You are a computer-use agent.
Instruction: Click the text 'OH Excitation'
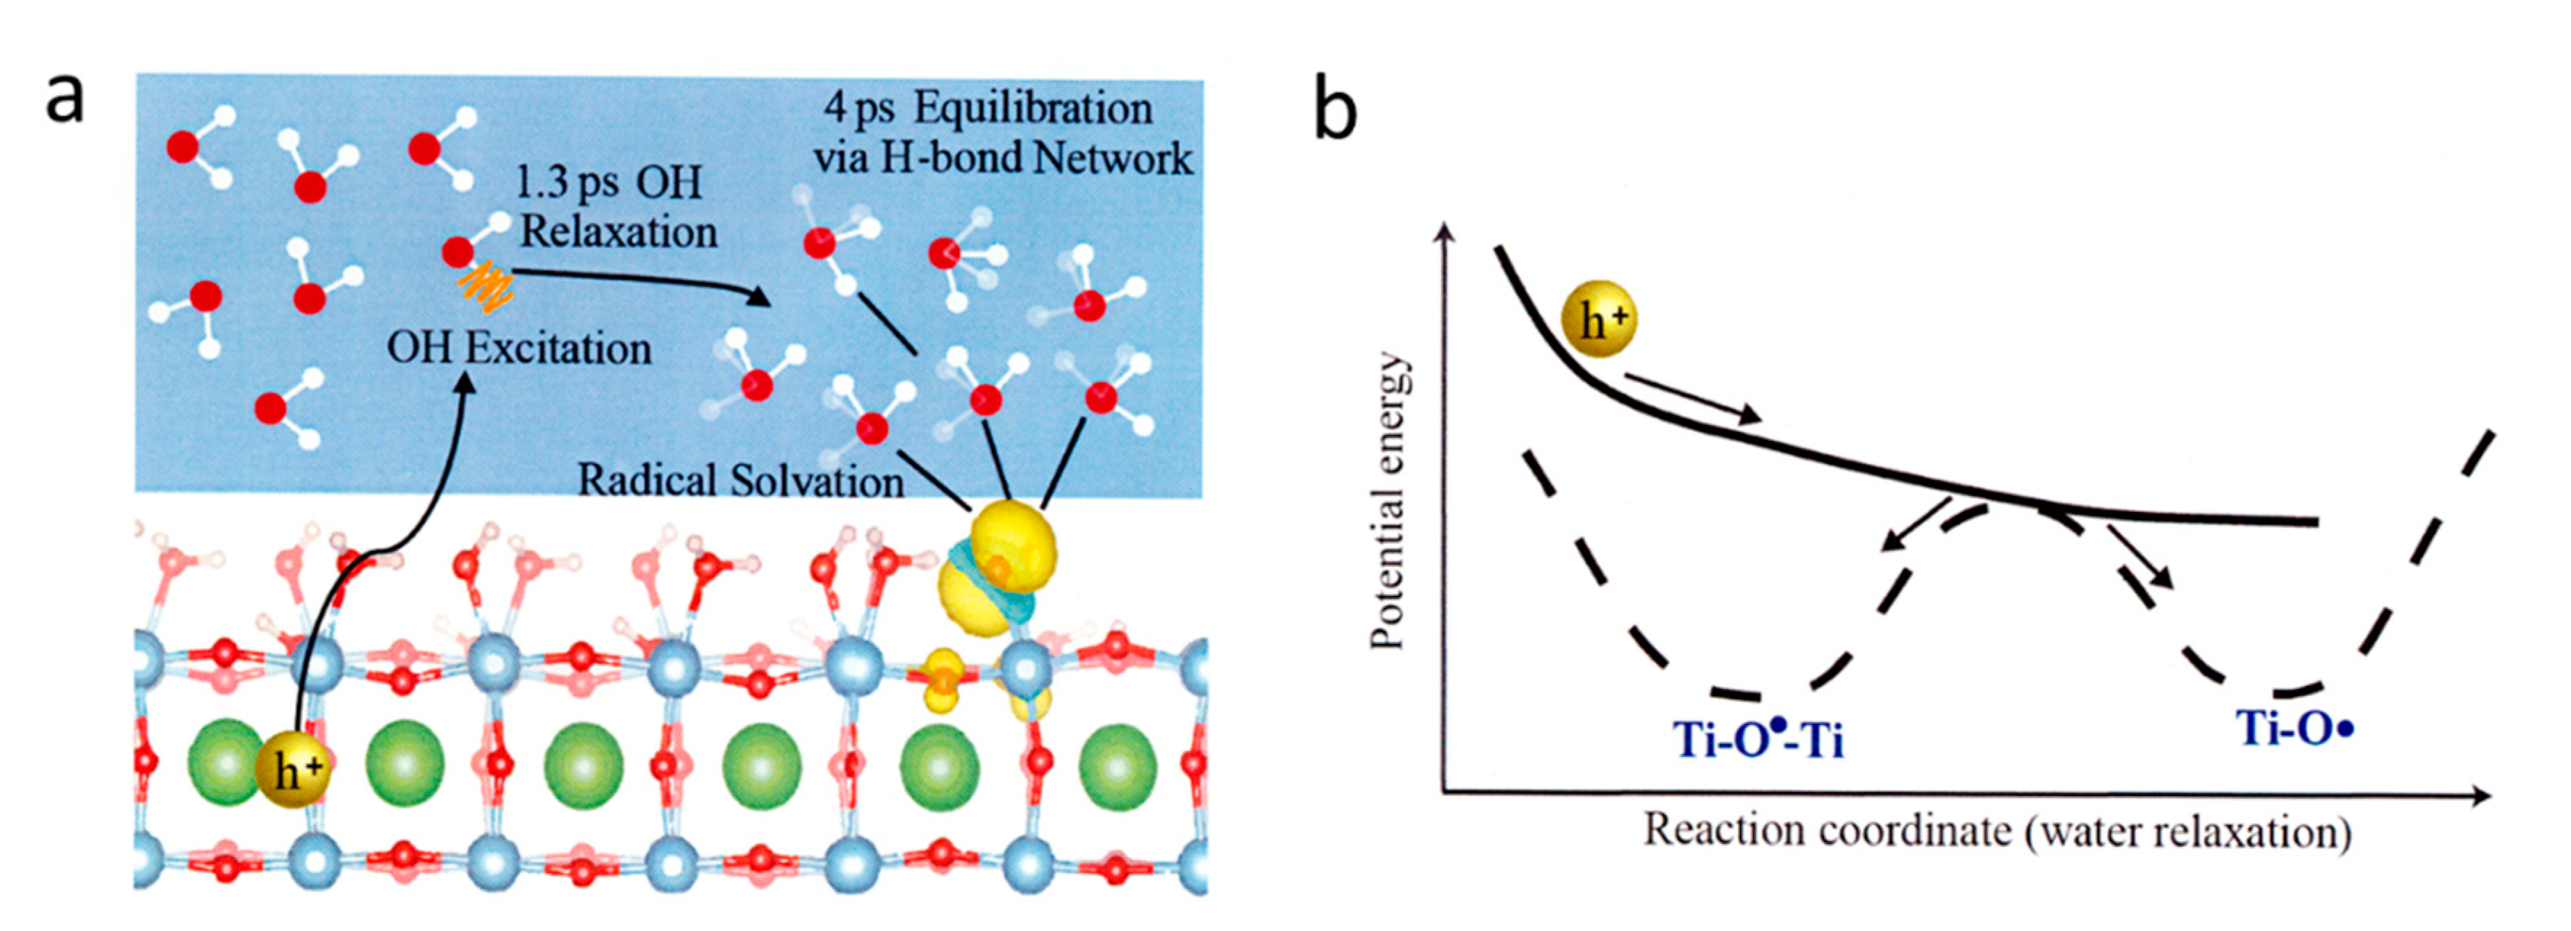tap(519, 348)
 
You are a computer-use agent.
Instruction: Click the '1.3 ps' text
tap(566, 183)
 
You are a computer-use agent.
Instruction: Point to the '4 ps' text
tap(859, 109)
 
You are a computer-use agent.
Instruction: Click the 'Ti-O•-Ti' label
tap(1758, 740)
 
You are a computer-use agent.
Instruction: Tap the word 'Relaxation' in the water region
tap(618, 233)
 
